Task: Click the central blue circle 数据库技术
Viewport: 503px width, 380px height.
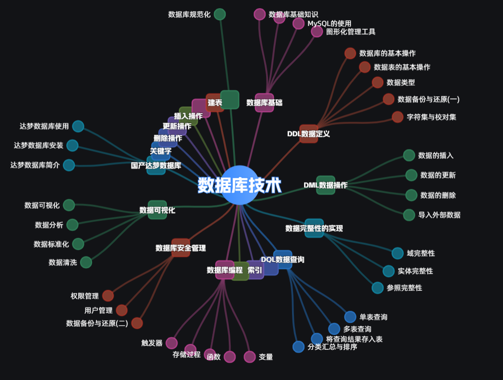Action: coord(239,185)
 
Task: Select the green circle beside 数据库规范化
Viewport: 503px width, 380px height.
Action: coord(220,14)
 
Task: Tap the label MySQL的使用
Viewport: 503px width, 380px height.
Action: coord(329,23)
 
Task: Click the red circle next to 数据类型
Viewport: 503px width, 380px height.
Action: coord(378,82)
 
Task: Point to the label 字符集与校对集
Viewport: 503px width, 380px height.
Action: coord(432,117)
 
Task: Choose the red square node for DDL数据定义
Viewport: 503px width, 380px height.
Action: coord(309,134)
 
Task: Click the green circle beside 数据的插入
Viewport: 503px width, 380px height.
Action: coord(409,155)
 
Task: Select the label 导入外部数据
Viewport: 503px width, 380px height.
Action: coord(439,215)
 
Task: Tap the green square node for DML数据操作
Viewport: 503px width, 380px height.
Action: coord(326,185)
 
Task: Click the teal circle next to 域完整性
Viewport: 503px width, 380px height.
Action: coord(398,253)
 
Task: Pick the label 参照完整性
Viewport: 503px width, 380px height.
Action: coord(404,288)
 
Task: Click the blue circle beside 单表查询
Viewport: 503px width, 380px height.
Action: coord(351,317)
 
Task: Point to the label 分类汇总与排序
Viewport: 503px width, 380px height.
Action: coord(332,347)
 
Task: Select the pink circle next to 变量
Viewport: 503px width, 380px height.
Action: coord(250,357)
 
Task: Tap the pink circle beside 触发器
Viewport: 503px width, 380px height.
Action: coord(172,343)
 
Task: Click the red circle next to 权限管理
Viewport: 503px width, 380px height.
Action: coord(108,296)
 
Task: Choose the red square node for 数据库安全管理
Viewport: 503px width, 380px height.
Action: coord(181,248)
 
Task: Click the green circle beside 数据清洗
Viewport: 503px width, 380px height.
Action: coord(86,262)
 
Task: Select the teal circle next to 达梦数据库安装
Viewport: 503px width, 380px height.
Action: coord(72,145)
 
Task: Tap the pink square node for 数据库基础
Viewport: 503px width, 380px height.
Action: coord(264,103)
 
